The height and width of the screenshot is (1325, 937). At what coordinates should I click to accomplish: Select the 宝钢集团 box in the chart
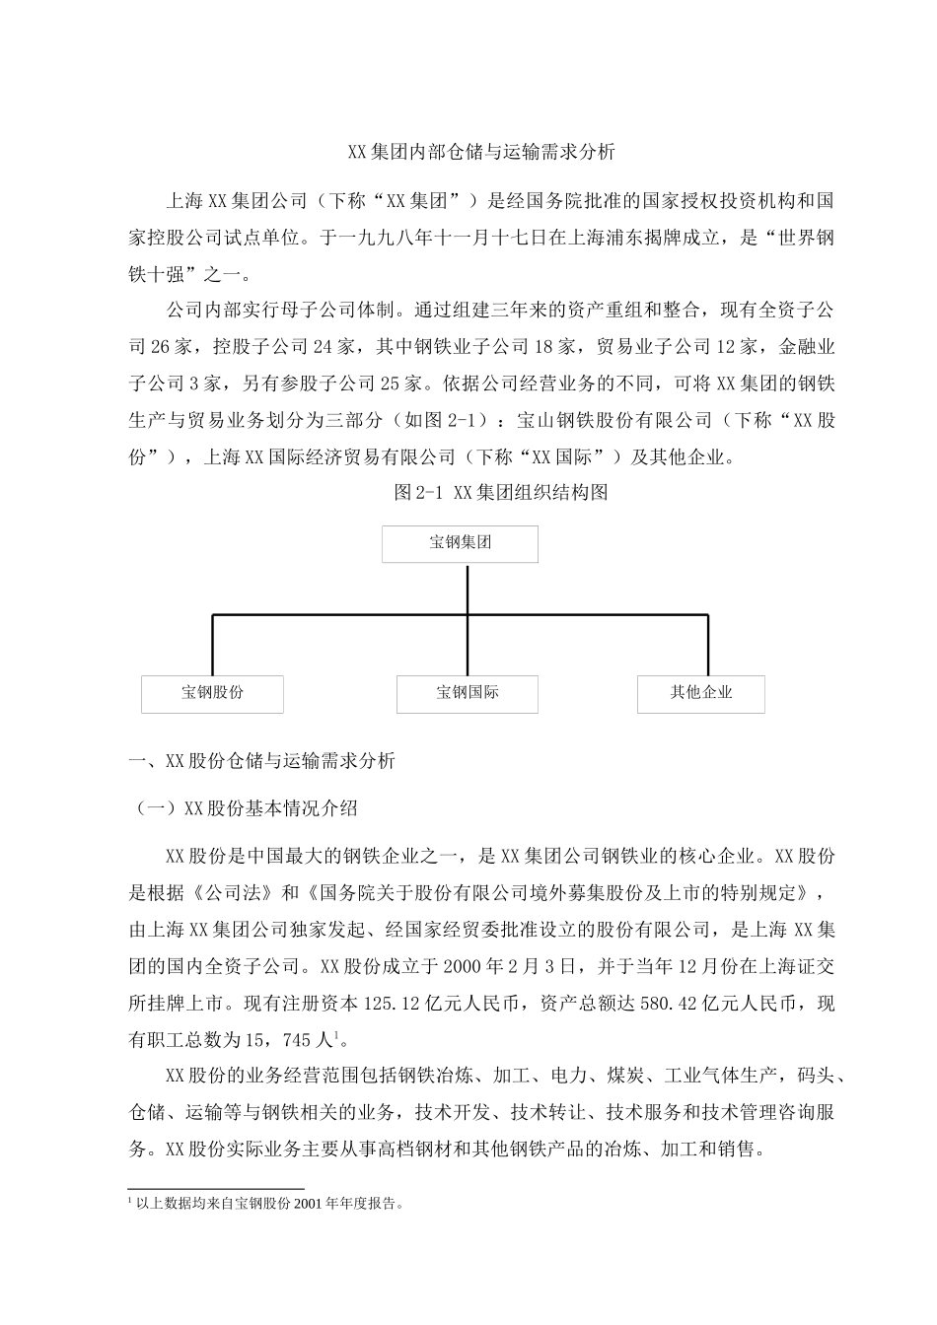[x=460, y=543]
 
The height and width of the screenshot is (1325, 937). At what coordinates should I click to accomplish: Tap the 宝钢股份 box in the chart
[x=212, y=693]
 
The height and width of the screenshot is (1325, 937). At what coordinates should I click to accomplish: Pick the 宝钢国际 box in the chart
[x=468, y=693]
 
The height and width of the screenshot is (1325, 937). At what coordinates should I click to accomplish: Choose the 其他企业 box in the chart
[x=701, y=693]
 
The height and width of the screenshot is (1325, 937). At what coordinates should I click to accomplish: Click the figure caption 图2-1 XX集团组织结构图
[x=501, y=492]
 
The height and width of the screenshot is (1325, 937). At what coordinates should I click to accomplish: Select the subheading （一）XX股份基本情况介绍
[x=246, y=808]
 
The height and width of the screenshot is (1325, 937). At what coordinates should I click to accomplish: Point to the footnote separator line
[x=217, y=1188]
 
